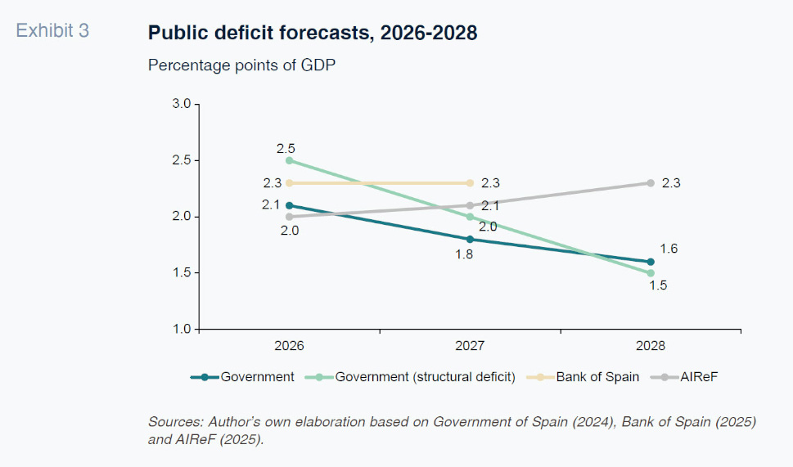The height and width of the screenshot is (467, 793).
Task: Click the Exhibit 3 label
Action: (52, 31)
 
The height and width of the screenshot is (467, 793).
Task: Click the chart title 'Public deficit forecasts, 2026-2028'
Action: (313, 33)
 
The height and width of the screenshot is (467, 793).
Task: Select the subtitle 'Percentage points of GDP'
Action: (242, 65)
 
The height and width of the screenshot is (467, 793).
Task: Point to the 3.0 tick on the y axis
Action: (181, 105)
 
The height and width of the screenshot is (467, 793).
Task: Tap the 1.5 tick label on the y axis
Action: (181, 272)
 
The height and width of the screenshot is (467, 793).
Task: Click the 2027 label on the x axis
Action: (470, 346)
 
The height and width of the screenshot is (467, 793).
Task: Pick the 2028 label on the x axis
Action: (651, 346)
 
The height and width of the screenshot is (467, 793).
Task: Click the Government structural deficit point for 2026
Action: (289, 160)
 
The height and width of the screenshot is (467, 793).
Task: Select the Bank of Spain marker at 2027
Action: (470, 183)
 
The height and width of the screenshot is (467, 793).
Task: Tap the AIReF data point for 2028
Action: (651, 183)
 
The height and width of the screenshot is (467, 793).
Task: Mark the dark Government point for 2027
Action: (470, 239)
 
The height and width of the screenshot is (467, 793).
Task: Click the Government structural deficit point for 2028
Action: (651, 273)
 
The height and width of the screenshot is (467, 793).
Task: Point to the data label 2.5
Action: (286, 148)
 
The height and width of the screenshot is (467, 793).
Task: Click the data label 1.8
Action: (464, 254)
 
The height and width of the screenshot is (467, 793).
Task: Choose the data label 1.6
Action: (669, 249)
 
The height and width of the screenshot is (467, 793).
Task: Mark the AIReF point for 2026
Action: (289, 217)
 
